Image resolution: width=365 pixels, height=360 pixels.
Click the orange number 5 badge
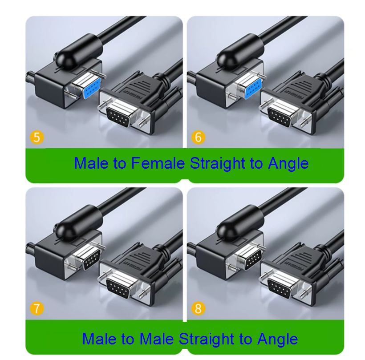(36, 137)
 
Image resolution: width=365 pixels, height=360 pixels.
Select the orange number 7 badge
(36, 308)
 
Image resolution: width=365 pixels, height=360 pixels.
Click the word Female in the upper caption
(158, 163)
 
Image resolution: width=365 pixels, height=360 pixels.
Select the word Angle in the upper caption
(288, 163)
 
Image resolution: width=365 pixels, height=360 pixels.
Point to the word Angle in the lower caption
(277, 339)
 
